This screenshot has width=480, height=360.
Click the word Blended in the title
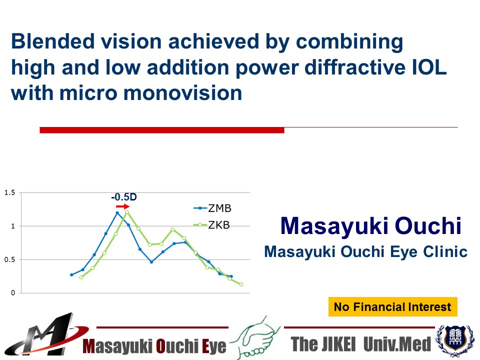tap(52, 41)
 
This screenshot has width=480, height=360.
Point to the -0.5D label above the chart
tap(124, 197)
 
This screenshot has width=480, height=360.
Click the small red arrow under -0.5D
tap(123, 206)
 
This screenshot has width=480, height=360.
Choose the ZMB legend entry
tap(212, 208)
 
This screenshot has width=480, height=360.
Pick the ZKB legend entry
tap(211, 225)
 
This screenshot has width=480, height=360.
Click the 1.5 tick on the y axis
tap(9, 192)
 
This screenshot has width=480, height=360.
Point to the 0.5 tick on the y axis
tap(9, 259)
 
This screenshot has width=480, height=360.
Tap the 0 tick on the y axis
tap(13, 293)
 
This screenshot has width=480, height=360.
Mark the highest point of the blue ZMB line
tap(117, 213)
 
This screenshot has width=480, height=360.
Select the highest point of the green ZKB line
tap(127, 212)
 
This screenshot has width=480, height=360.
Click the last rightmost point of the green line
tap(241, 284)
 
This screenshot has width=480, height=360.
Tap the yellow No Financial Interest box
tap(393, 306)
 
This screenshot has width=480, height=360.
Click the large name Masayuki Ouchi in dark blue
tap(370, 226)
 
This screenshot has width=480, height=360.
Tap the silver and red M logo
tap(46, 335)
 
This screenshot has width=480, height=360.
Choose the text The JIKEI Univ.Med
tap(360, 344)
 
